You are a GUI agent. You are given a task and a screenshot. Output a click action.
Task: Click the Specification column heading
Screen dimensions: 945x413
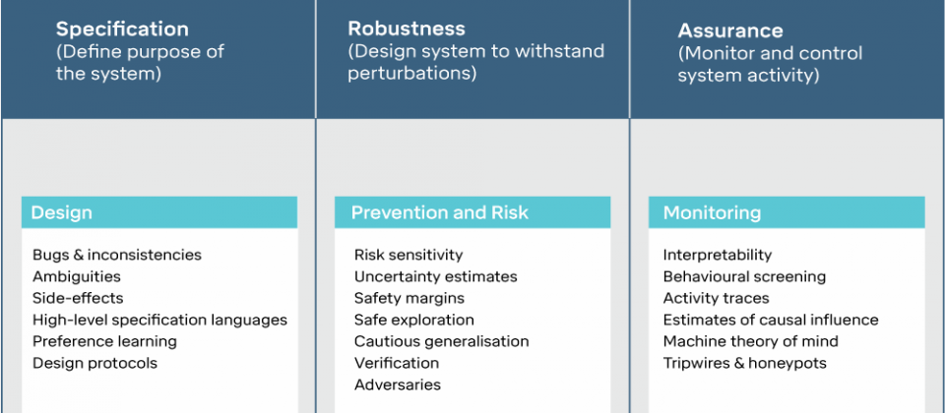coord(122,29)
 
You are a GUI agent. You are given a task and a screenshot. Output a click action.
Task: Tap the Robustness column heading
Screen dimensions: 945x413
coord(407,29)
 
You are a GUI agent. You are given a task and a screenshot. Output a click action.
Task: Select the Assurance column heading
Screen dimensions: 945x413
coord(730,30)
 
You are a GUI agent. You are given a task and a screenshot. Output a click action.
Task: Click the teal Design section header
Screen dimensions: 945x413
coord(159,212)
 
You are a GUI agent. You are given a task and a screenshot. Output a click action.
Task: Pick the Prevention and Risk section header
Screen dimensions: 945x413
coord(472,212)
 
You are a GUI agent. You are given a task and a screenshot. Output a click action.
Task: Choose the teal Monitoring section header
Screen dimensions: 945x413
coord(787,212)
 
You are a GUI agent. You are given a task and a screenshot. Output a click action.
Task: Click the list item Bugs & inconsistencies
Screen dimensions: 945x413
coord(117,255)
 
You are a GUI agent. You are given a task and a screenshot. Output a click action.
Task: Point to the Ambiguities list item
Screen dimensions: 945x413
coord(77,277)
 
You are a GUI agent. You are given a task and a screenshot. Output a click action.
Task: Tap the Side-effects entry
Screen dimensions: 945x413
coord(78,298)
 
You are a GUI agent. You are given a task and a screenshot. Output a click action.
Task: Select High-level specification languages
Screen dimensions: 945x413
coord(159,321)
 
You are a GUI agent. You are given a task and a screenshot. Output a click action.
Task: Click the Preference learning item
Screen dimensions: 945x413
coord(105,342)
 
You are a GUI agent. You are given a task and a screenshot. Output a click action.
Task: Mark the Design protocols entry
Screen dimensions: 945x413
coord(94,363)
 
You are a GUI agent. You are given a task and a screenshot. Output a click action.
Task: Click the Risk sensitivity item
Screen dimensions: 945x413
coord(409,255)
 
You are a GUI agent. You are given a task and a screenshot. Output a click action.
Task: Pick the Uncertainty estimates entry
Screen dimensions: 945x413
coord(436,277)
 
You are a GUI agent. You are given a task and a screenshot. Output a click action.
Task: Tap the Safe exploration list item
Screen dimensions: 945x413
coord(414,320)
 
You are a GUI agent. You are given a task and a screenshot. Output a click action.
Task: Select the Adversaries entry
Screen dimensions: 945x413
coord(397,384)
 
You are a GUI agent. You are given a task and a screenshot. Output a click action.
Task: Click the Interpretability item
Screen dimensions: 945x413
coord(718,255)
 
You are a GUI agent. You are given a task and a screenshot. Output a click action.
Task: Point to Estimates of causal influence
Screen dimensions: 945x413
coord(771,320)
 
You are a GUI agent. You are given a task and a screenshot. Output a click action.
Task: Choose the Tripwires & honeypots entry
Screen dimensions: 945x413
coord(745,364)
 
